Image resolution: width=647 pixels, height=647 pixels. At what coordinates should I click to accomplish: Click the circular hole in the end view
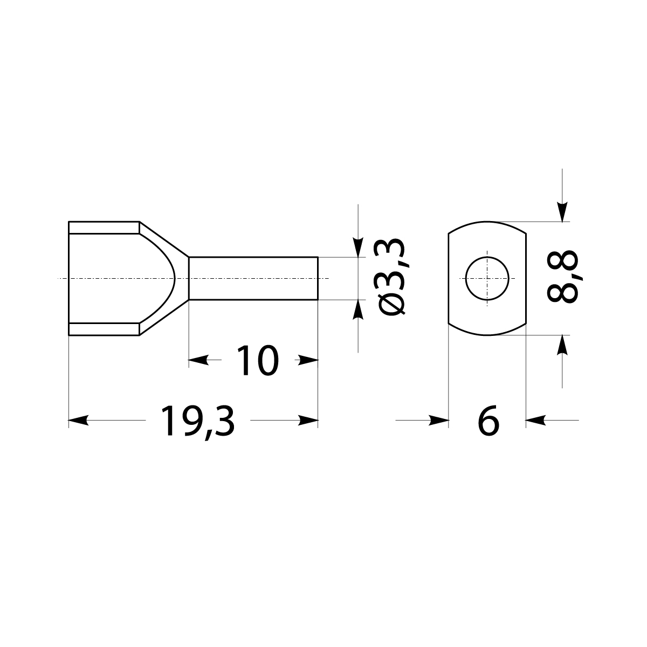(x=487, y=278)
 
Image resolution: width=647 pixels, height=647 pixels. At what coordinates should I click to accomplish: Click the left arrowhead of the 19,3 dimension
(x=79, y=421)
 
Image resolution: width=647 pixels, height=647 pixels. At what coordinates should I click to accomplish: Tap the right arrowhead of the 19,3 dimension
(x=308, y=421)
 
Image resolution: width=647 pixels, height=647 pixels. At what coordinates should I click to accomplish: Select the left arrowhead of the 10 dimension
(x=198, y=360)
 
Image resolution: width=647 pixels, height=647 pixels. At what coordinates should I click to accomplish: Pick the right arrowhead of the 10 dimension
(x=308, y=360)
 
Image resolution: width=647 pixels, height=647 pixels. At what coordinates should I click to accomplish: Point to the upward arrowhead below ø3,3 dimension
(x=357, y=309)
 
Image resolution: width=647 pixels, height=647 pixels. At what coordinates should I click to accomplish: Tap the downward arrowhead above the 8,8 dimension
(x=562, y=212)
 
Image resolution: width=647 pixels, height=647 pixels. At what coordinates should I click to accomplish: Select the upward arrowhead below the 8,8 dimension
(x=562, y=345)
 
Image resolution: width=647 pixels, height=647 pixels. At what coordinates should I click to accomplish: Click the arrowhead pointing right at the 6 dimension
(x=439, y=420)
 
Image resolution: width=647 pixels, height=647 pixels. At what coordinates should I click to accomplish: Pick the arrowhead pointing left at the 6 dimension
(x=535, y=420)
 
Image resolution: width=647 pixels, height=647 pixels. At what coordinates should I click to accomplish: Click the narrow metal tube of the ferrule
(x=253, y=278)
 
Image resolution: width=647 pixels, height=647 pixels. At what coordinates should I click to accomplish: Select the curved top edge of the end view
(x=487, y=222)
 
